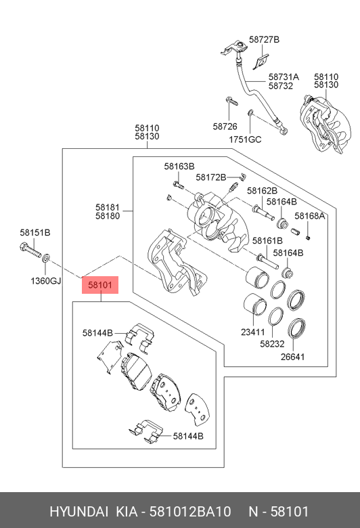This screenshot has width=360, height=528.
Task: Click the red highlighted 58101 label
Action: point(100,285)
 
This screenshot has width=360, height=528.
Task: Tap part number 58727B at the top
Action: point(263,40)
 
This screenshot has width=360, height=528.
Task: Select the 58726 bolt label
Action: point(225,127)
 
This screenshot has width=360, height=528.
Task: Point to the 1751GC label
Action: point(244,139)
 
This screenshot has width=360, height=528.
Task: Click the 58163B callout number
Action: point(179,166)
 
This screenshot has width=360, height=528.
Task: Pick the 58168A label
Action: point(309,217)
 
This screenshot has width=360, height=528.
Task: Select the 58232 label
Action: point(272,343)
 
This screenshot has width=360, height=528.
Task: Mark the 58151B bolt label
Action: point(35,233)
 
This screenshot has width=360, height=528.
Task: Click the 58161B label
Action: point(267,240)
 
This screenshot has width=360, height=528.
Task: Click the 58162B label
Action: point(262,191)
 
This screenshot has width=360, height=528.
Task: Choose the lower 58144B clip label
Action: point(187,436)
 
